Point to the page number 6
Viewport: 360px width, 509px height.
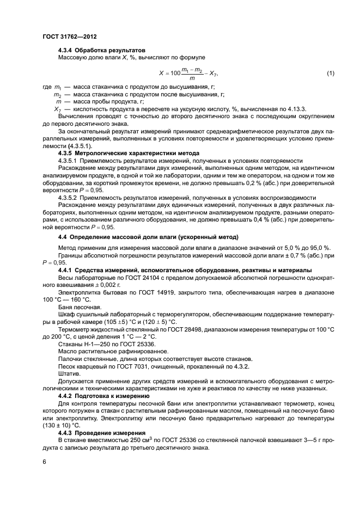tap(44, 461)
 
